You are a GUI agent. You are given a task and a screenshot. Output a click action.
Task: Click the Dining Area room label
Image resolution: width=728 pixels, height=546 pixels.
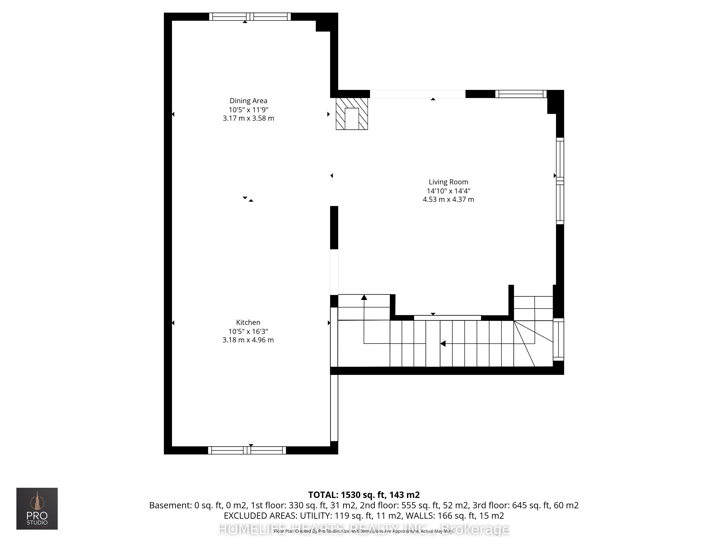pyautogui.click(x=248, y=101)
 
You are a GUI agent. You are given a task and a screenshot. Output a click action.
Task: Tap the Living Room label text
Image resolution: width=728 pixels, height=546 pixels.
pyautogui.click(x=448, y=182)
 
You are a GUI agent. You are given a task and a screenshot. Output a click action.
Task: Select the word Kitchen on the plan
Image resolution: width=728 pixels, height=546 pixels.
pyautogui.click(x=248, y=323)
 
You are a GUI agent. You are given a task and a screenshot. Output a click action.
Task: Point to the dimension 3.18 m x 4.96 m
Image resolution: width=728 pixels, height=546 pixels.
pyautogui.click(x=248, y=340)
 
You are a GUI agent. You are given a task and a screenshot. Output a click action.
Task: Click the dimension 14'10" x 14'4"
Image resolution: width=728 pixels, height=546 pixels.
pyautogui.click(x=448, y=191)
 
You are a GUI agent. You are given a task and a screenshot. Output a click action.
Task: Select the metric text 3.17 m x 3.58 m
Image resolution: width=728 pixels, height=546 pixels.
pyautogui.click(x=248, y=118)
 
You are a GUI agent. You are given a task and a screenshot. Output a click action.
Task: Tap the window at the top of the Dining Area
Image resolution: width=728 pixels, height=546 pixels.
pyautogui.click(x=250, y=16)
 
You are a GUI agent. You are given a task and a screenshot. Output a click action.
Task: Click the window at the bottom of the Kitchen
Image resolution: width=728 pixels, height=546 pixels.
pyautogui.click(x=247, y=450)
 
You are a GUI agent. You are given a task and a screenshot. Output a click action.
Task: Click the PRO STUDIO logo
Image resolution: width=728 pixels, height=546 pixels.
pyautogui.click(x=37, y=509)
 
